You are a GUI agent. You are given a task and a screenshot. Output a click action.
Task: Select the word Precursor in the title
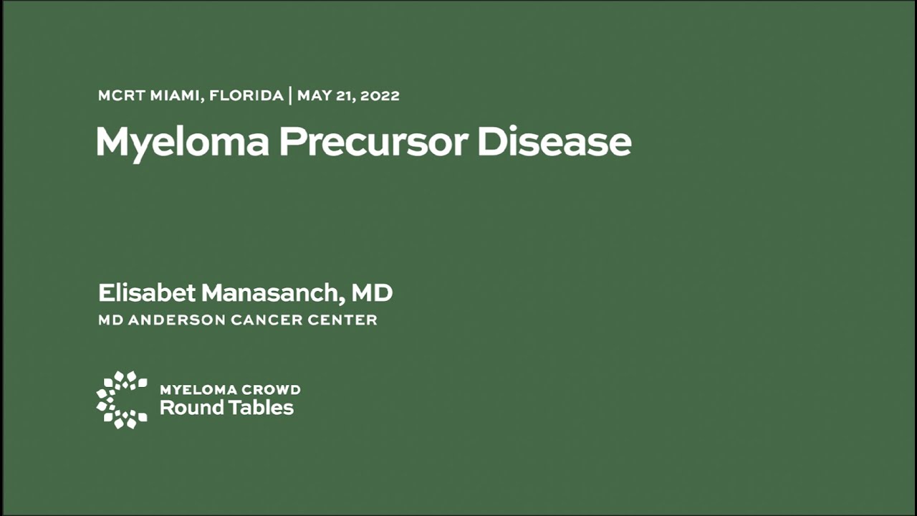374,142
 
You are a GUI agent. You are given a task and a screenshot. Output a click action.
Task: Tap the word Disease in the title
554,142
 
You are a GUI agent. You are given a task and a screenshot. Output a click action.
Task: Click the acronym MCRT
122,96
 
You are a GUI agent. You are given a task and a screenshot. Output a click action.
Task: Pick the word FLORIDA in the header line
246,96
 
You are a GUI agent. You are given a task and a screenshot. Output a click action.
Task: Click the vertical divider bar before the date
290,96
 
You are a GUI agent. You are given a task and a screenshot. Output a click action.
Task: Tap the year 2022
380,96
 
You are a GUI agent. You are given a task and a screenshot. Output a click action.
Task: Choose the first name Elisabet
147,293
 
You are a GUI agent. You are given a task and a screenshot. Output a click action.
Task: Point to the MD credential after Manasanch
372,293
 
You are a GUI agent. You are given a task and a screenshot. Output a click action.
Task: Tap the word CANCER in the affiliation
267,320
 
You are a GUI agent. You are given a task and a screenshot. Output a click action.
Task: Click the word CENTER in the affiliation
342,320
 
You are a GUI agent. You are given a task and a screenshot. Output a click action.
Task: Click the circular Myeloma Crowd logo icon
122,400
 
